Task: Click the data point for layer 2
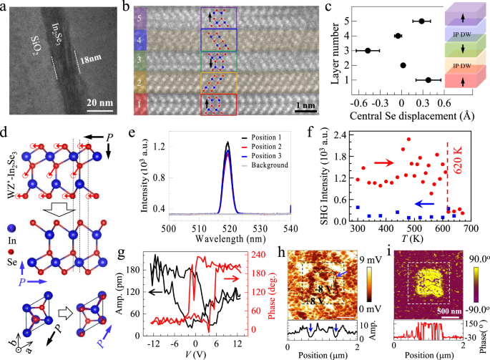(403, 65)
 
